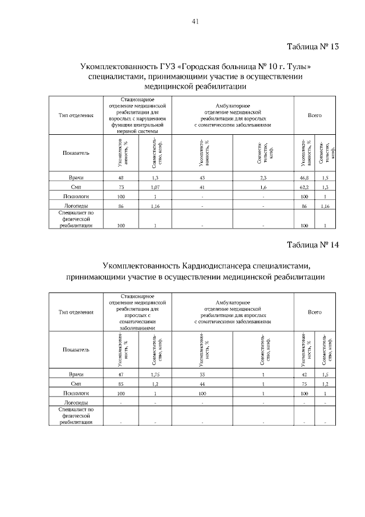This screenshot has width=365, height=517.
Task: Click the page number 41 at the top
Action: [x=195, y=22]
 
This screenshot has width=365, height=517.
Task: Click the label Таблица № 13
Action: [x=313, y=47]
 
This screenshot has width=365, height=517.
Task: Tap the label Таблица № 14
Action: [x=313, y=245]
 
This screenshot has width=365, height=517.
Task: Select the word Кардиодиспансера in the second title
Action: [x=219, y=266]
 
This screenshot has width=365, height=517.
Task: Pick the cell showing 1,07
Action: [x=155, y=187]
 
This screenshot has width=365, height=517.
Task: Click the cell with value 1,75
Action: [x=155, y=374]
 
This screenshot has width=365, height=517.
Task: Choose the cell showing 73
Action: [x=121, y=187]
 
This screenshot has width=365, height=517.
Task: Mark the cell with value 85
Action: [x=121, y=384]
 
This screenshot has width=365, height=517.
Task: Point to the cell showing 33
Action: [x=202, y=374]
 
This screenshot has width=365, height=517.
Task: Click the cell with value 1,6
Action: [x=263, y=187]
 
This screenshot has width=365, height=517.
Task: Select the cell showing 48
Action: [x=121, y=179]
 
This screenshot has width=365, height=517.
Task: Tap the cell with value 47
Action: [x=121, y=374]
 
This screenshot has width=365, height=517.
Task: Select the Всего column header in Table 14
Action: [x=315, y=312]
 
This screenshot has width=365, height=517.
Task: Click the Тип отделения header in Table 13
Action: [x=76, y=115]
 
